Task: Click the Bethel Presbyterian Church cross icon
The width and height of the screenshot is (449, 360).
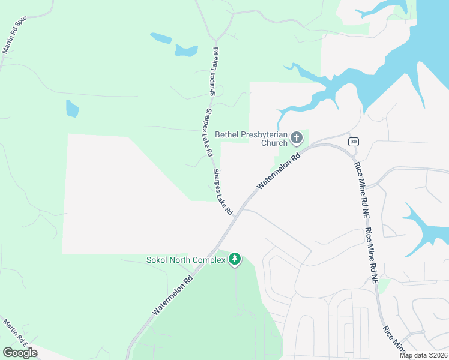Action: click(296, 139)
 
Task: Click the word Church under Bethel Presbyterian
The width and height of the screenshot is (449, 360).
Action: click(274, 143)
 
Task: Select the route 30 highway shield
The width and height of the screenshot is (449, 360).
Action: click(353, 141)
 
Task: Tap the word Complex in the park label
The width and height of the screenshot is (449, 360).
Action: click(208, 260)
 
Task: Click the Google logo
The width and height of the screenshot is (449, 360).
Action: click(20, 353)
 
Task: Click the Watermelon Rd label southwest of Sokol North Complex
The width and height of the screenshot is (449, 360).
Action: click(173, 295)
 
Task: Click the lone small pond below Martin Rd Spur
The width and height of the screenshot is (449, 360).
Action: click(72, 109)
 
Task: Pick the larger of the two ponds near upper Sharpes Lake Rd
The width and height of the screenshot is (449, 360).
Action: click(186, 50)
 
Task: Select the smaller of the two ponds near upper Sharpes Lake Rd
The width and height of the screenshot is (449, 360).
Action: click(161, 38)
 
